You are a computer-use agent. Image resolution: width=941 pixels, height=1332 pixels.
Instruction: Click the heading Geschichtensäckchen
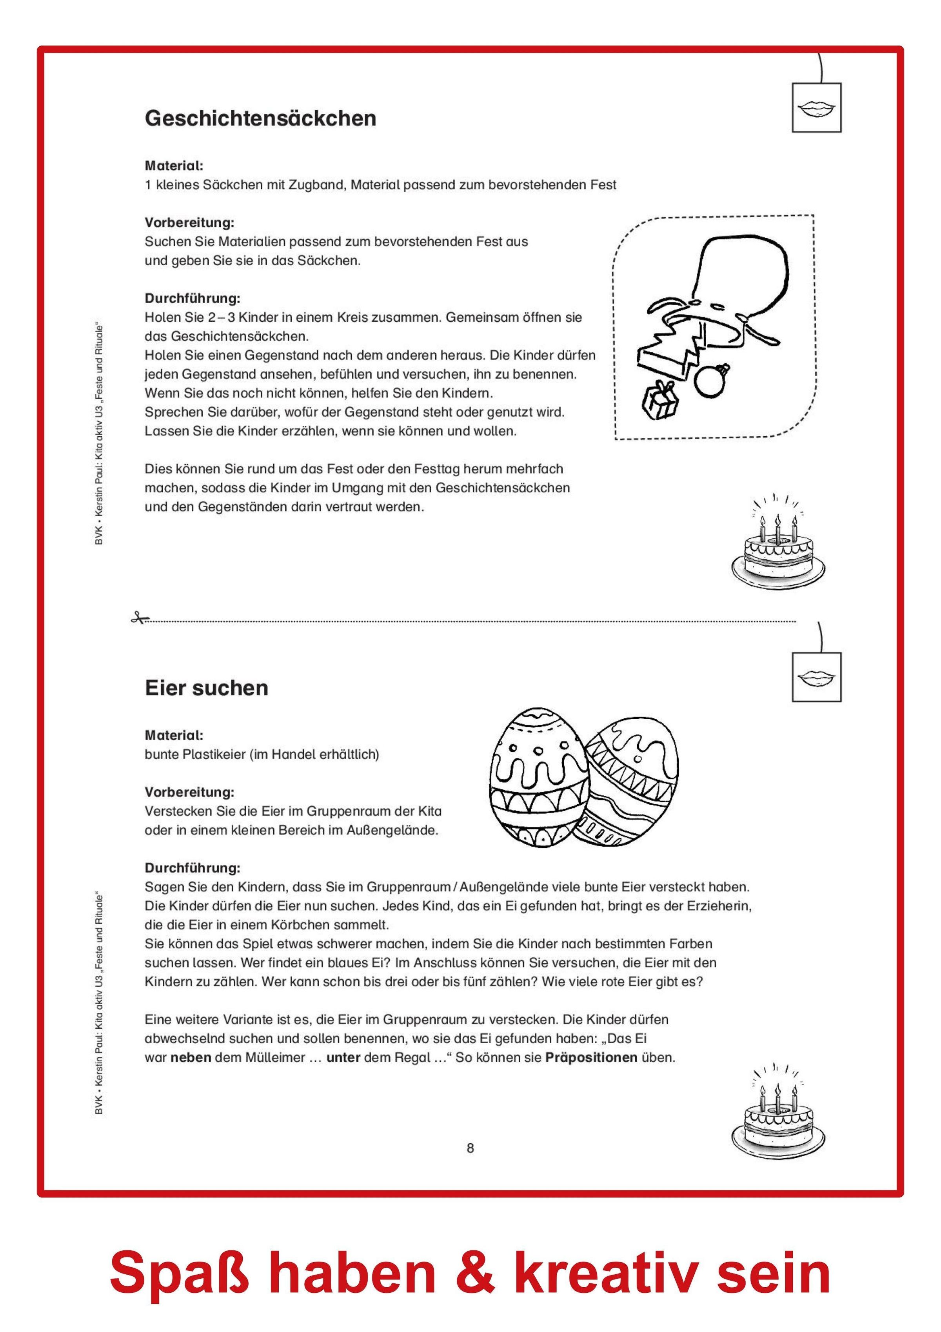coord(260,118)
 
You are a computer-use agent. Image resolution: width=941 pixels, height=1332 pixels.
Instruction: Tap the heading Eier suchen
coord(206,688)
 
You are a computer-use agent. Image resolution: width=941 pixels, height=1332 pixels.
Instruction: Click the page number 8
coord(470,1148)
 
